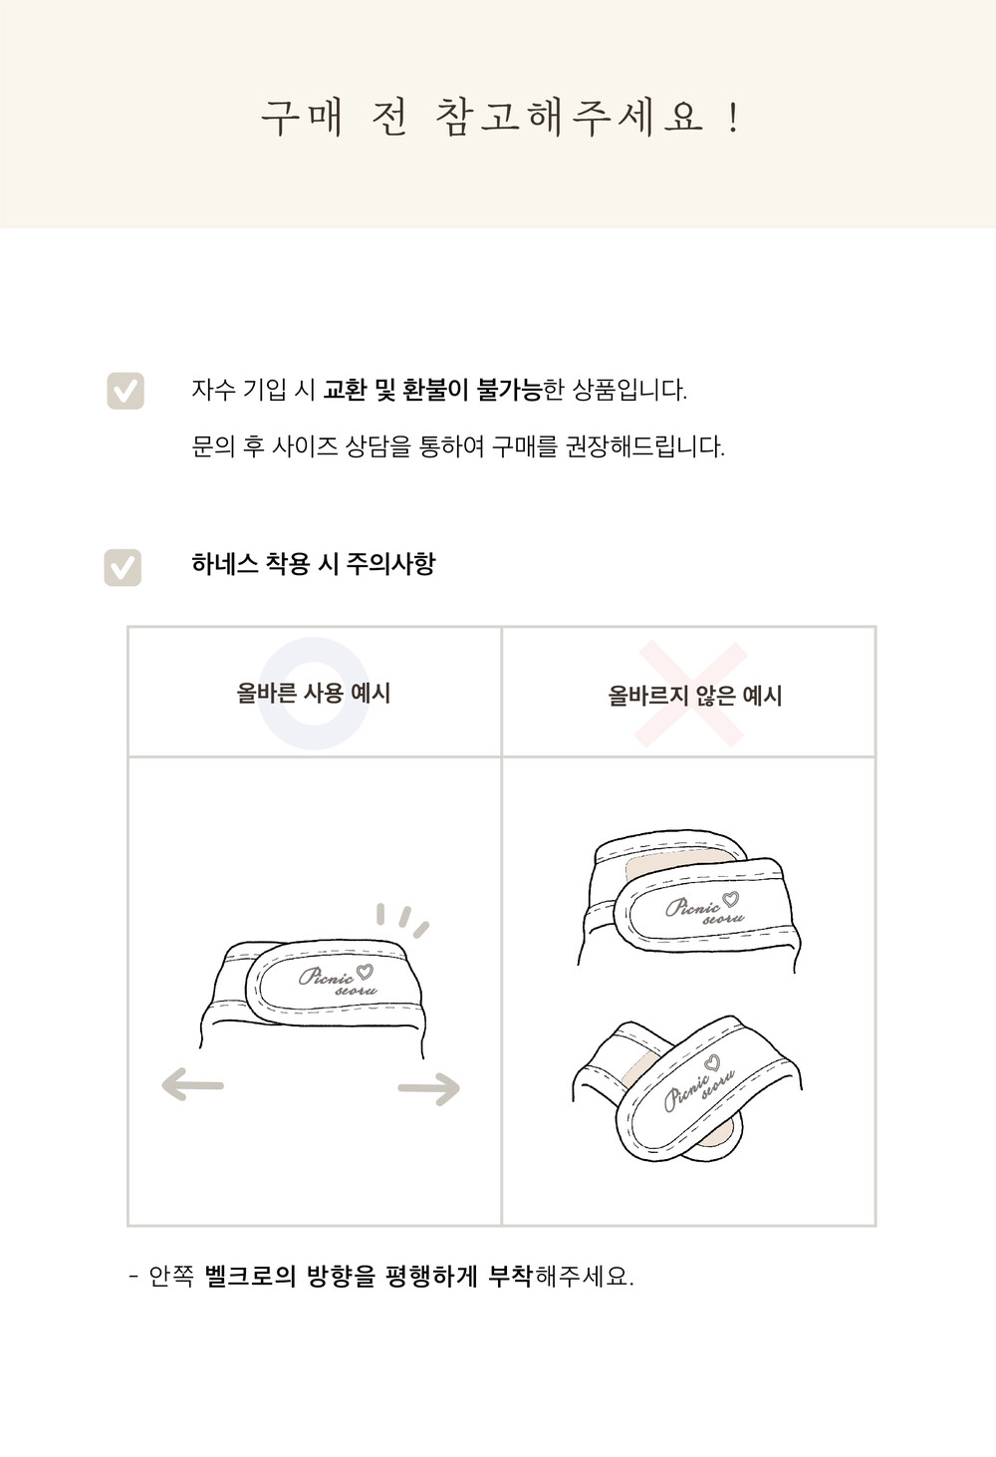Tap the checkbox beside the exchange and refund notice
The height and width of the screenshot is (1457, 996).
(x=125, y=391)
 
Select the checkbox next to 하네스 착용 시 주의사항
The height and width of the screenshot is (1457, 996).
(x=123, y=568)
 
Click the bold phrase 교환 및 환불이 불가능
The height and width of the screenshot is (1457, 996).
(x=432, y=390)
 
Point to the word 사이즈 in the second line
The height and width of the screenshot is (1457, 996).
(x=304, y=446)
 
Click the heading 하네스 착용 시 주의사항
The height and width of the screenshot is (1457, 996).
(x=314, y=563)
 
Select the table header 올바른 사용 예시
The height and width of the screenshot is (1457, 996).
(x=314, y=693)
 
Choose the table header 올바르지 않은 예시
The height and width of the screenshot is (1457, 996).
(x=695, y=696)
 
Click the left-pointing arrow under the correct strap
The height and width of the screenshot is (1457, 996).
(x=193, y=1084)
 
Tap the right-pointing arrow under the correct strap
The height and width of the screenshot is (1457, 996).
(x=429, y=1087)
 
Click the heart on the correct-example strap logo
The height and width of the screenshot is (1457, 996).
(x=366, y=972)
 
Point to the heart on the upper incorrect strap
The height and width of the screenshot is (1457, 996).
(x=731, y=900)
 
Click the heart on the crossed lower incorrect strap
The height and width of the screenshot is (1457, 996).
(x=713, y=1062)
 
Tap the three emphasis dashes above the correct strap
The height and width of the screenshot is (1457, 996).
(x=403, y=920)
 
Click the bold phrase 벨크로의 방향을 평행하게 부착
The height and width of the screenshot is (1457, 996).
(x=369, y=1276)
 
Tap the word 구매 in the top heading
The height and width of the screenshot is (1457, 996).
(x=302, y=119)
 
